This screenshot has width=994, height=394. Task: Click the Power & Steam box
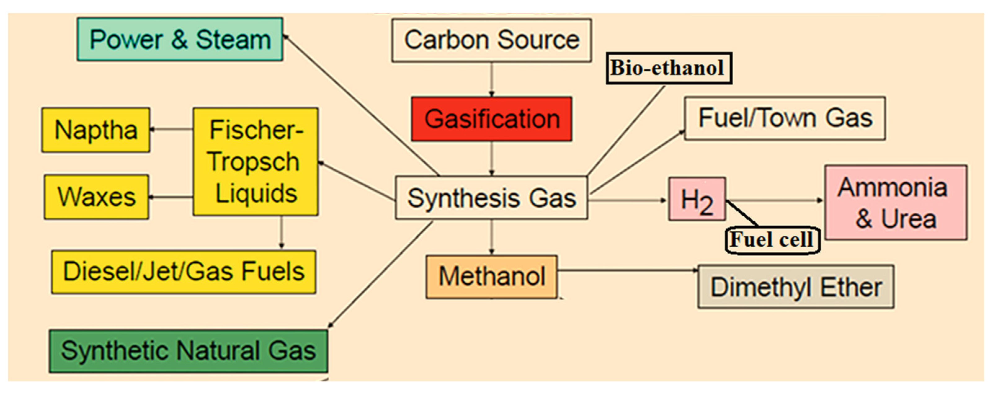pos(180,39)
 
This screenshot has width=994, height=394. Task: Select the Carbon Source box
pos(491,40)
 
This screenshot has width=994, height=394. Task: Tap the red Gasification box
pos(491,119)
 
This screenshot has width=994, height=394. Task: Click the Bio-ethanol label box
pos(669,68)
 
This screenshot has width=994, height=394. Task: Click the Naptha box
pos(96,130)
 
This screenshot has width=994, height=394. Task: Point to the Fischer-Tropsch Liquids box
pos(256,162)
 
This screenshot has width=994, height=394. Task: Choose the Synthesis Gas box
pos(491,198)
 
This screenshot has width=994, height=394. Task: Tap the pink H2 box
pos(697,199)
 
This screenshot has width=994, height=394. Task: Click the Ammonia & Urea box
pos(896,203)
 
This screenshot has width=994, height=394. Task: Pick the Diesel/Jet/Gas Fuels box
pos(184,272)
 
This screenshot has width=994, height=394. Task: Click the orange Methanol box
pos(491,277)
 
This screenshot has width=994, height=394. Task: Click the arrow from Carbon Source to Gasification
pos(491,79)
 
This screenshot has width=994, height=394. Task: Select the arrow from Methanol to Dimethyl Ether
pos(627,270)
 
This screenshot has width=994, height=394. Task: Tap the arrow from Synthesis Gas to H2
pos(627,200)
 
